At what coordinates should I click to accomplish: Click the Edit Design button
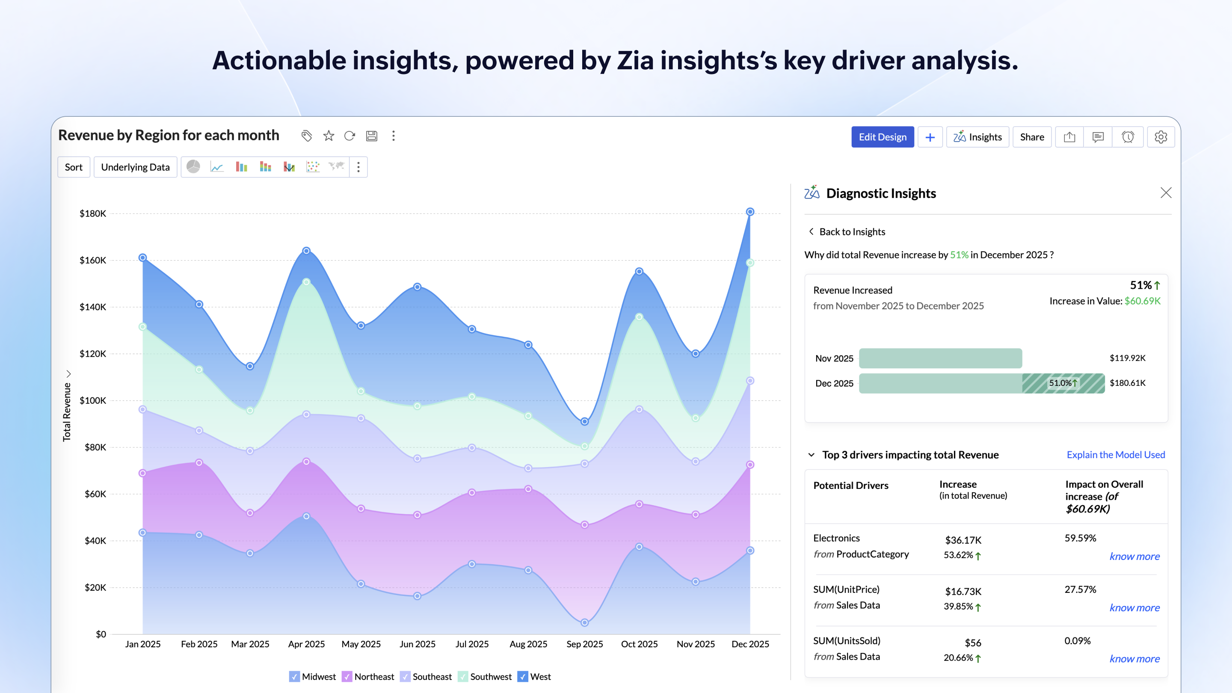883,137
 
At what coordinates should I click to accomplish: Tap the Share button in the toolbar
1032,137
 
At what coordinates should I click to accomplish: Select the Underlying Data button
135,167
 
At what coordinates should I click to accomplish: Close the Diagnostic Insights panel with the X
1166,193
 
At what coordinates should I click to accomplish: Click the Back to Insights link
851,232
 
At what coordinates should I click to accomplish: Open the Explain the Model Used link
1115,455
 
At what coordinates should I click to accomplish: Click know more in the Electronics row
1134,556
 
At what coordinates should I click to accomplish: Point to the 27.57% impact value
1080,589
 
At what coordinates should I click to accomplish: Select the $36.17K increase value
963,540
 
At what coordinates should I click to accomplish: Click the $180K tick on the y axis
93,213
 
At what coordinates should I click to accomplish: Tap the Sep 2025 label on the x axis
584,644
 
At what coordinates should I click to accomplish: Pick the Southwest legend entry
485,677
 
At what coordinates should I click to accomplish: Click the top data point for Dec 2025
750,212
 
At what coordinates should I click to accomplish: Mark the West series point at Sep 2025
584,421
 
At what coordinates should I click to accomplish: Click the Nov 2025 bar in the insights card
940,358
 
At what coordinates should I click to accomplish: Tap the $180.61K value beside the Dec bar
1127,383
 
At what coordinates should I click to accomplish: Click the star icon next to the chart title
329,136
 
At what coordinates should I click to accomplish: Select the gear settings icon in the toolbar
1160,137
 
